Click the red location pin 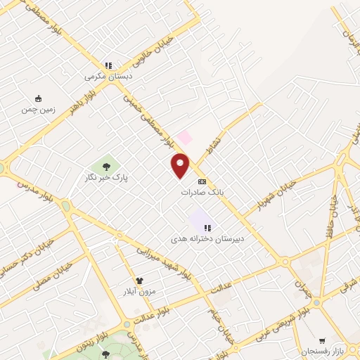click(181, 165)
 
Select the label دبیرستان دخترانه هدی click(207, 239)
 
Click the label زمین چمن click(37, 109)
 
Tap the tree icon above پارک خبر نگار click(105, 167)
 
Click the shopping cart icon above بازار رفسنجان click(322, 340)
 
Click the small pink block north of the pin click(184, 136)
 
